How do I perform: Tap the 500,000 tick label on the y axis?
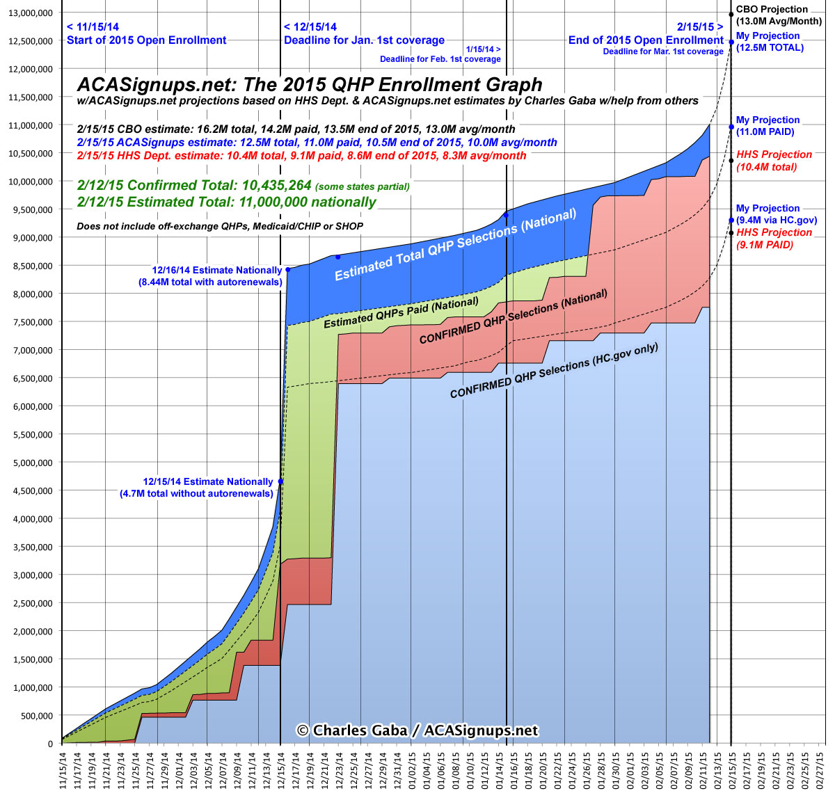tap(35, 716)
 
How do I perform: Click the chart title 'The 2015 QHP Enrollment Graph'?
tap(309, 85)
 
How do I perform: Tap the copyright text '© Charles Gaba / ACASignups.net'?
tap(417, 730)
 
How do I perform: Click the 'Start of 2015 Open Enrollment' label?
tap(146, 40)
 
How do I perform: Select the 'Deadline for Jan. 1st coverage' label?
tap(364, 40)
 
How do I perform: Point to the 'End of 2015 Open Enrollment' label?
tap(646, 40)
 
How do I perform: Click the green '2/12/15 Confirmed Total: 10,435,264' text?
tap(194, 186)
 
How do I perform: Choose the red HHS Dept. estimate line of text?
tap(301, 155)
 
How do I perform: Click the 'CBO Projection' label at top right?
tap(772, 10)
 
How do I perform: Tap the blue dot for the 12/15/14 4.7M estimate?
tap(280, 481)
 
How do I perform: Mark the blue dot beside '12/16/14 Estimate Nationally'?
tap(287, 270)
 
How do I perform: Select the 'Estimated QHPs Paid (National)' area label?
tap(401, 312)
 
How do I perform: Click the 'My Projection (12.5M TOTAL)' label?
tap(769, 42)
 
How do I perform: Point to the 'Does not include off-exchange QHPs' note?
tap(220, 226)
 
